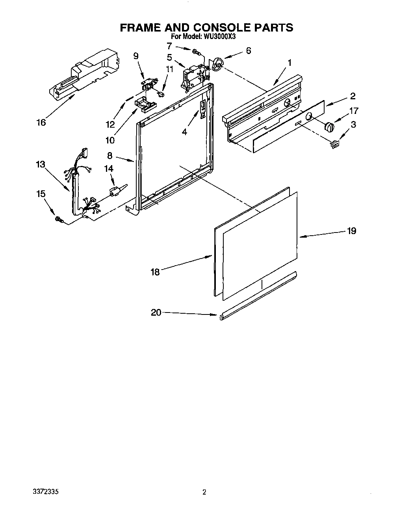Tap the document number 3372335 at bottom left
(x=46, y=492)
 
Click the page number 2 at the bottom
(x=204, y=492)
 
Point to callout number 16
(x=41, y=123)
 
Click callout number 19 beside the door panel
(x=351, y=231)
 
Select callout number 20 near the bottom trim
(x=156, y=313)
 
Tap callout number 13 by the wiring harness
(x=41, y=164)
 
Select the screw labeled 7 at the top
(x=196, y=51)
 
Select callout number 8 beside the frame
(x=110, y=155)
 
